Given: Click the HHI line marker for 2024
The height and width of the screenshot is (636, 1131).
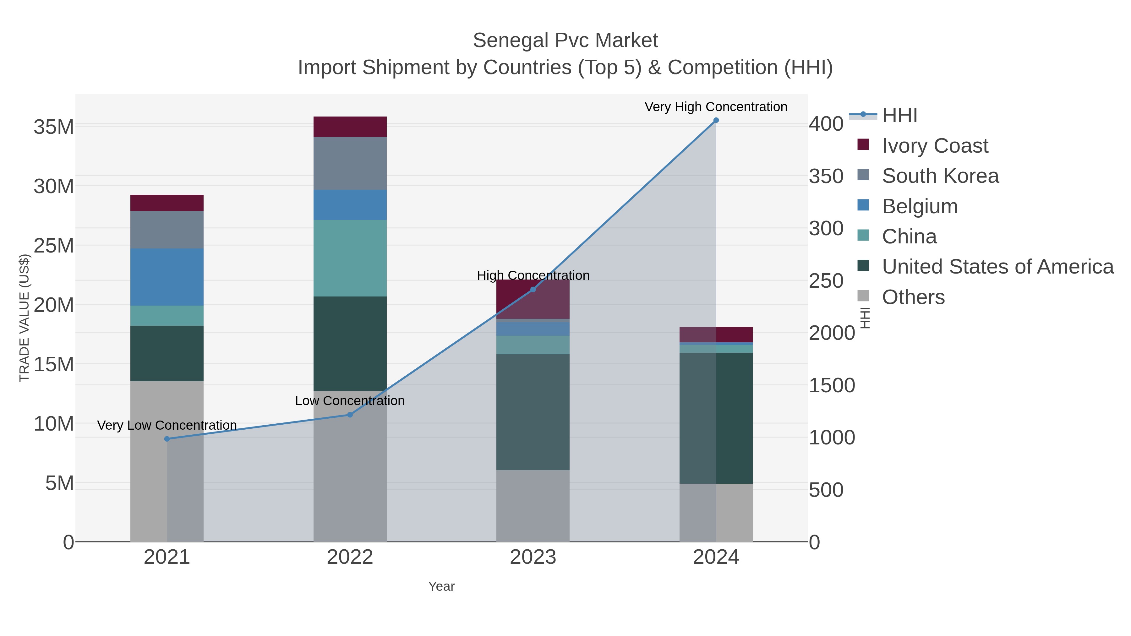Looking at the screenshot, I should tap(716, 120).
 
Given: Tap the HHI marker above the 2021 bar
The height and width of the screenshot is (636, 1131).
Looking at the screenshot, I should tap(167, 439).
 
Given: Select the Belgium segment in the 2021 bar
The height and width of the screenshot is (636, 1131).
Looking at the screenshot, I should tap(167, 277).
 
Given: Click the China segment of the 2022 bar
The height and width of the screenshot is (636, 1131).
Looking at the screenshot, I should tap(350, 258).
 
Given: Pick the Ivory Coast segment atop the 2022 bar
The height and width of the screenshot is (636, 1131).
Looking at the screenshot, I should tap(350, 127).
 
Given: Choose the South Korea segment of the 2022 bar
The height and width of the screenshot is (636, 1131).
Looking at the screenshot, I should tap(350, 163).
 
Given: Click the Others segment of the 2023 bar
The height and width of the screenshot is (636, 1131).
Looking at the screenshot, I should tap(533, 506).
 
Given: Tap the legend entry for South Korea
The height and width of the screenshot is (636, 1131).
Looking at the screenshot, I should tap(940, 176).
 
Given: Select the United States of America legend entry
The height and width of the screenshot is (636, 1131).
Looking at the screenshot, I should tap(997, 267).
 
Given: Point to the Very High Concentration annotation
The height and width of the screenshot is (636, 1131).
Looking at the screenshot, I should tap(716, 107).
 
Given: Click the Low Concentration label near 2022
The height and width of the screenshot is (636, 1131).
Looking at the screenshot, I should tap(350, 401).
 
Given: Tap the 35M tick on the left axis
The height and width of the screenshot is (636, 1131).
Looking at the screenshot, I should tap(53, 127).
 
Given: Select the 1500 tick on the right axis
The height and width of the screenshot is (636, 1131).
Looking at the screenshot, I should tap(832, 385).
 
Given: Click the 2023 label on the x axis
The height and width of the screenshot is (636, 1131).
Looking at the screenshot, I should tap(533, 557).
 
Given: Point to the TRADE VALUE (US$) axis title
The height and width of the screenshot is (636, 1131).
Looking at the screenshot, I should tap(24, 318).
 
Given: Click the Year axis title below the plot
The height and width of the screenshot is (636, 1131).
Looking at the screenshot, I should tap(441, 586).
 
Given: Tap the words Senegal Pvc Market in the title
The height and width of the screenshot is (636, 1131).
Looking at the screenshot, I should tap(565, 41).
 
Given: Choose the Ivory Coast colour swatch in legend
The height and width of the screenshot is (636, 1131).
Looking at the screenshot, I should tap(863, 145).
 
